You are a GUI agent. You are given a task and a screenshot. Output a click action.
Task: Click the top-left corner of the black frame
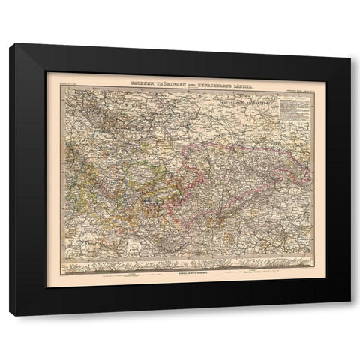(10, 45)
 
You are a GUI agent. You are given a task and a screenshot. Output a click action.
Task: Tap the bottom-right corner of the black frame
(349, 314)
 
